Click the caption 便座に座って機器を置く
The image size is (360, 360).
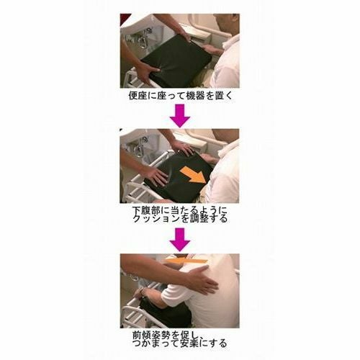(x=181, y=96)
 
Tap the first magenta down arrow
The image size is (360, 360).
(x=180, y=115)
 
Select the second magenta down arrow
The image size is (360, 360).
(x=180, y=240)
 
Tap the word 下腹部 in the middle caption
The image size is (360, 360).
(x=147, y=210)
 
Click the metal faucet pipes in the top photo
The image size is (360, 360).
(x=144, y=40)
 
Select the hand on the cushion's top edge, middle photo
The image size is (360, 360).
(x=183, y=147)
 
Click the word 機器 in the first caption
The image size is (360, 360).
(x=195, y=96)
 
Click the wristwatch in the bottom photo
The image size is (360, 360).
(x=142, y=291)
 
